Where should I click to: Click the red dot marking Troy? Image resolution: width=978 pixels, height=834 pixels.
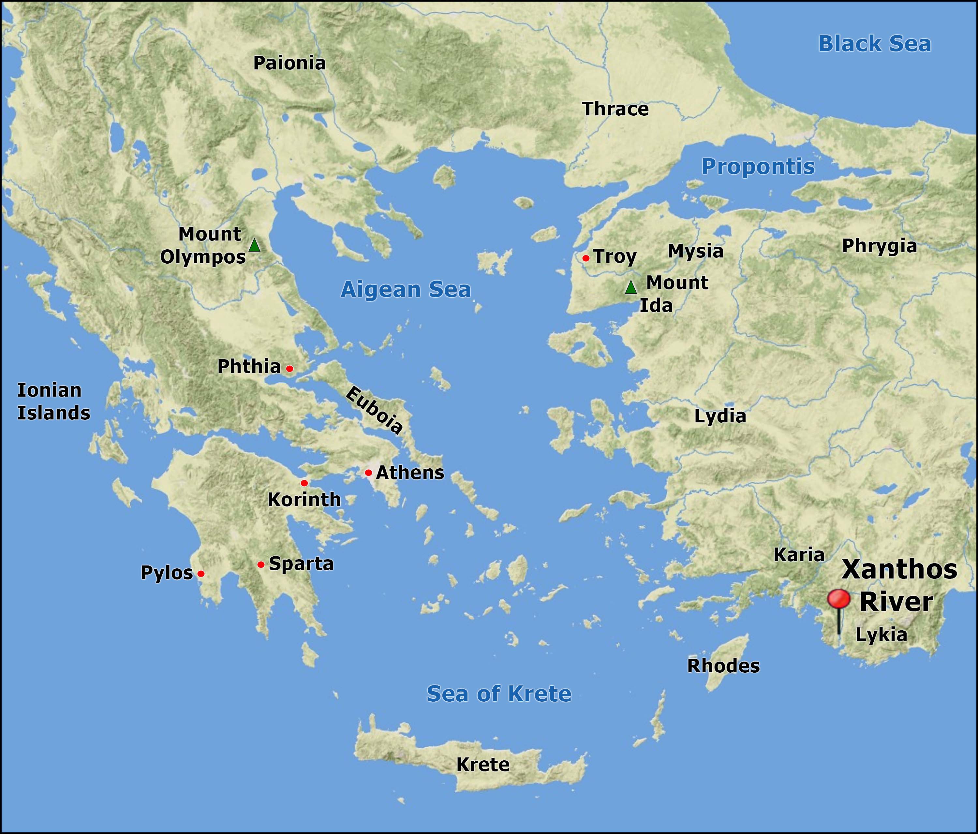[x=586, y=258]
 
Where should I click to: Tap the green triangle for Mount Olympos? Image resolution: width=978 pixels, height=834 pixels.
[x=254, y=245]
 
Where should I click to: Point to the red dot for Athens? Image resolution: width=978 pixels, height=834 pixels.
[x=368, y=473]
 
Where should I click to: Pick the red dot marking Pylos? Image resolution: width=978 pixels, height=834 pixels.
[x=200, y=574]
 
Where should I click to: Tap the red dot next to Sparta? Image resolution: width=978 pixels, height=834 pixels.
[x=260, y=564]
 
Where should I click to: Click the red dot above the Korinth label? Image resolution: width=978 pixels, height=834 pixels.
[x=304, y=483]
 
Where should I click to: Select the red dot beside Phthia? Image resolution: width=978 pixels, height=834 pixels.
[x=289, y=368]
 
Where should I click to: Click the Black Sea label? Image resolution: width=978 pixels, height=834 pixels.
[x=874, y=44]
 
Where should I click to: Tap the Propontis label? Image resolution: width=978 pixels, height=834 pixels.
[x=758, y=167]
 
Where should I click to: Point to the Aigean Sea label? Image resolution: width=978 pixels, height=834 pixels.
[x=406, y=289]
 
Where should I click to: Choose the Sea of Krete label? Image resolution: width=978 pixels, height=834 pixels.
[x=498, y=693]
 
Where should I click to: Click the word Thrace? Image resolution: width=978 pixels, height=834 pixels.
[x=615, y=109]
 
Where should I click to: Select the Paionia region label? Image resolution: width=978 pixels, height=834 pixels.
[x=289, y=63]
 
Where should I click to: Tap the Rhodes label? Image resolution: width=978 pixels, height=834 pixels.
[x=723, y=666]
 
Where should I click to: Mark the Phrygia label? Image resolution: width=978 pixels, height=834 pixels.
[x=879, y=246]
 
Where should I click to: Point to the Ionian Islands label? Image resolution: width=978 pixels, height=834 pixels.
[x=53, y=402]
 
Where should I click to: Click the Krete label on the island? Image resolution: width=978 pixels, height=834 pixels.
[x=482, y=765]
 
